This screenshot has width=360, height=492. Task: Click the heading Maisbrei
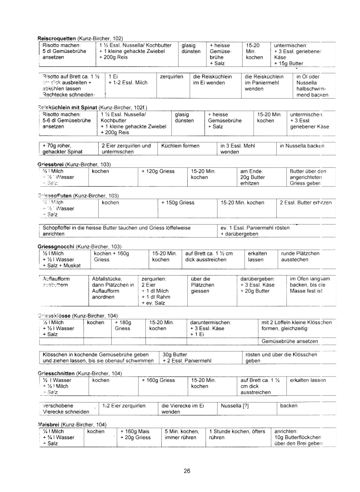[49, 425]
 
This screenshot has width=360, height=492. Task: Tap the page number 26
[187, 470]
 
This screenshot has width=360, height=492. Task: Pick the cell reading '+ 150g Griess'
[178, 202]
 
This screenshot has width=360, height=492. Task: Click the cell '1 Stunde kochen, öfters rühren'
[237, 434]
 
